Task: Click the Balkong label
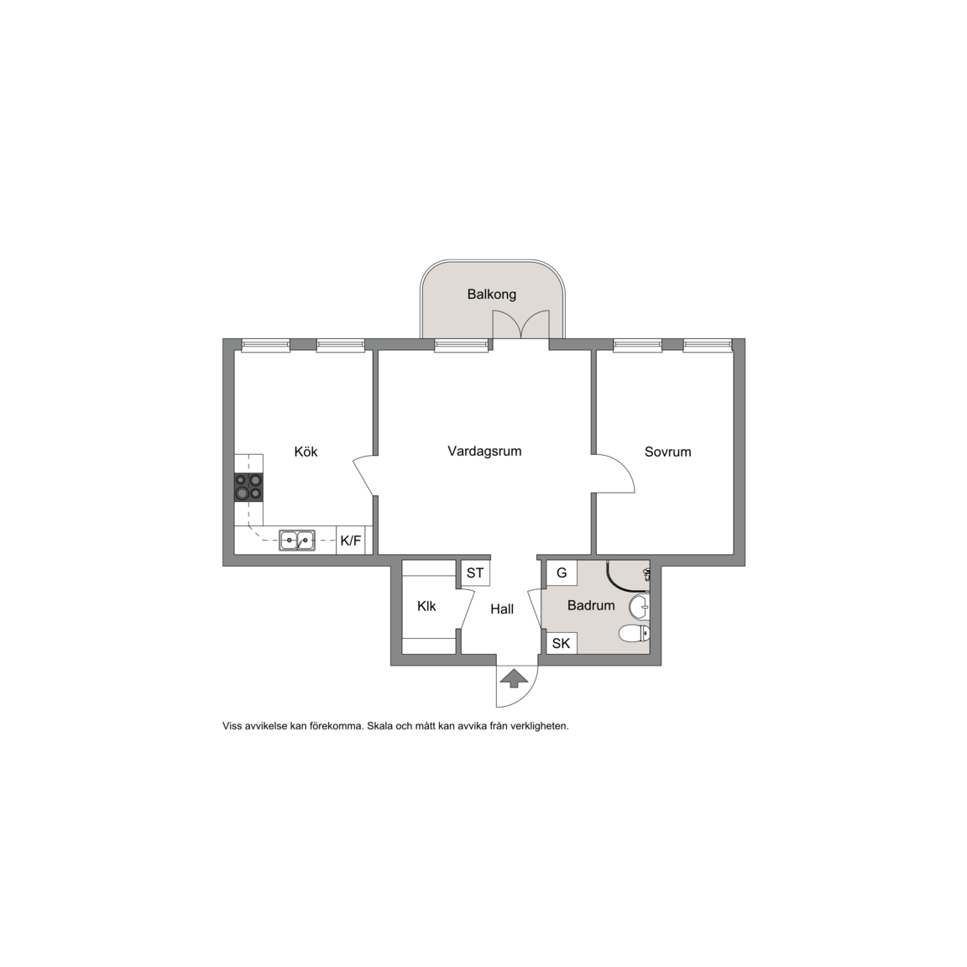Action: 492,294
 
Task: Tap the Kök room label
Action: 306,452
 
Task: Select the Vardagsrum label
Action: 484,452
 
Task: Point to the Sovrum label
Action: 668,452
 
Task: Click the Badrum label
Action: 591,605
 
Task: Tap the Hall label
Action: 502,609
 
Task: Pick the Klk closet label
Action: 426,606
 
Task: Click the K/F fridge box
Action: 351,541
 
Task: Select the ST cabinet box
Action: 475,573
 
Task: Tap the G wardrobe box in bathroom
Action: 562,573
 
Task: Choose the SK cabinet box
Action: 562,643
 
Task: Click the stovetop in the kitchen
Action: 248,487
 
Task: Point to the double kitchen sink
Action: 296,541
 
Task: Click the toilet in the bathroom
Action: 634,633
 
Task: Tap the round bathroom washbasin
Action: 640,607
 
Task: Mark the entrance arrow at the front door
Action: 515,679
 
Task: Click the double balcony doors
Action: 520,324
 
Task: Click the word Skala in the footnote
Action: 379,726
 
